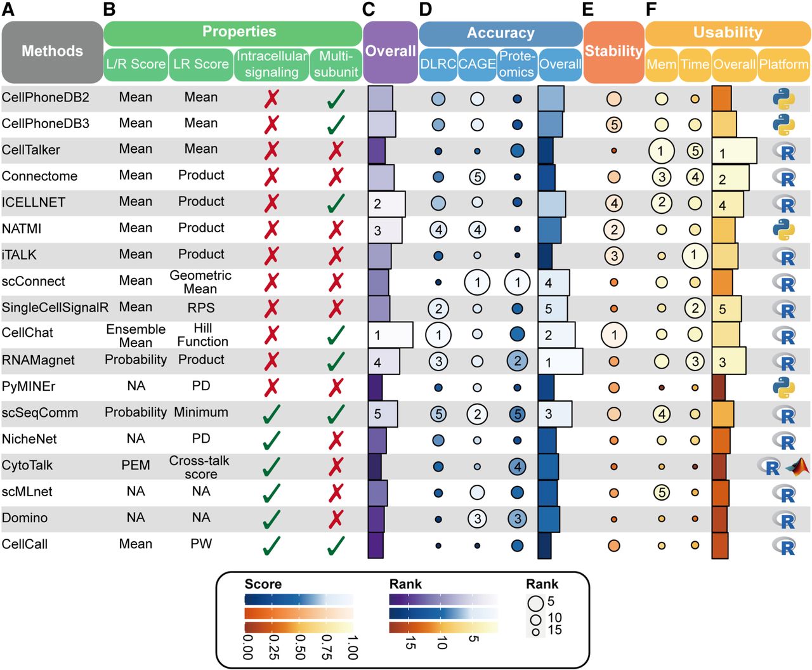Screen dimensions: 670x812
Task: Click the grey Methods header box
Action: pyautogui.click(x=52, y=51)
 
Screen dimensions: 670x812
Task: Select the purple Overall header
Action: pyautogui.click(x=390, y=51)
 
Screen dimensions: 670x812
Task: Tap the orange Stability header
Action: pyautogui.click(x=613, y=51)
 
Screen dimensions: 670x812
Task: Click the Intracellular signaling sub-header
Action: pyautogui.click(x=272, y=64)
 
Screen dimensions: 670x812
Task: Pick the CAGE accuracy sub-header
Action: pyautogui.click(x=477, y=64)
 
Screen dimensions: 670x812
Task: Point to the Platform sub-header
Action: pyautogui.click(x=783, y=64)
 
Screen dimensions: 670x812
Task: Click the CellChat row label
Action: pyautogui.click(x=27, y=333)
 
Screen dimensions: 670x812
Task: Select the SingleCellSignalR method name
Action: pyautogui.click(x=55, y=308)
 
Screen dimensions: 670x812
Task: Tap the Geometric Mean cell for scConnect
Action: pyautogui.click(x=200, y=282)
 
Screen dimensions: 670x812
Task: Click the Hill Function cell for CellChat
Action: pyautogui.click(x=202, y=334)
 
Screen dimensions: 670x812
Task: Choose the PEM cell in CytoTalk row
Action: pyautogui.click(x=136, y=465)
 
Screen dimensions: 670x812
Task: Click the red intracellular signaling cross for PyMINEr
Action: pyautogui.click(x=272, y=386)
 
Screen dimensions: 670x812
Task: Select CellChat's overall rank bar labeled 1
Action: pyautogui.click(x=390, y=334)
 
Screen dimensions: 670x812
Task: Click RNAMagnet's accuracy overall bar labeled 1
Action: pyautogui.click(x=560, y=361)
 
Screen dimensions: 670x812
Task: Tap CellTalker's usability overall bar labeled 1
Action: pyautogui.click(x=734, y=151)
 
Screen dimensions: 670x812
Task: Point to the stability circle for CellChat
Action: pyautogui.click(x=613, y=334)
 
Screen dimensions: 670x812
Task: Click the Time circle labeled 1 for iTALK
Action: pyautogui.click(x=695, y=256)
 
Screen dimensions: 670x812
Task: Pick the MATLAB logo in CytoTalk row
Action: pyautogui.click(x=797, y=467)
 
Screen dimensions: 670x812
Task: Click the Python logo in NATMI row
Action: pyautogui.click(x=784, y=229)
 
